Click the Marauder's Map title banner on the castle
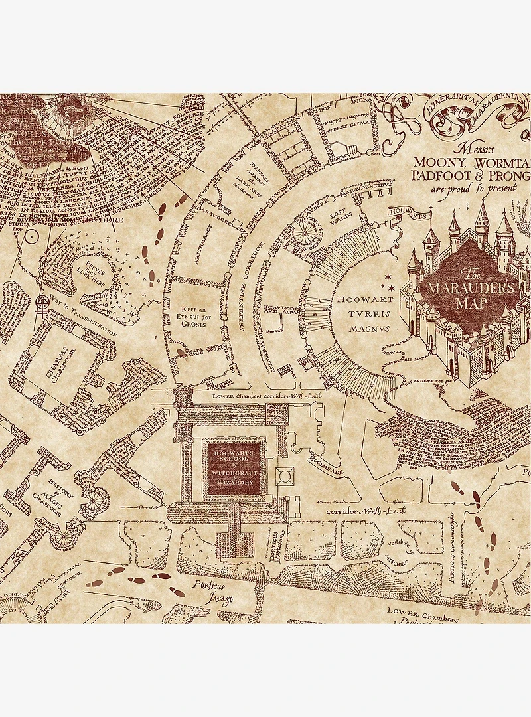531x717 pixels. coord(470,287)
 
